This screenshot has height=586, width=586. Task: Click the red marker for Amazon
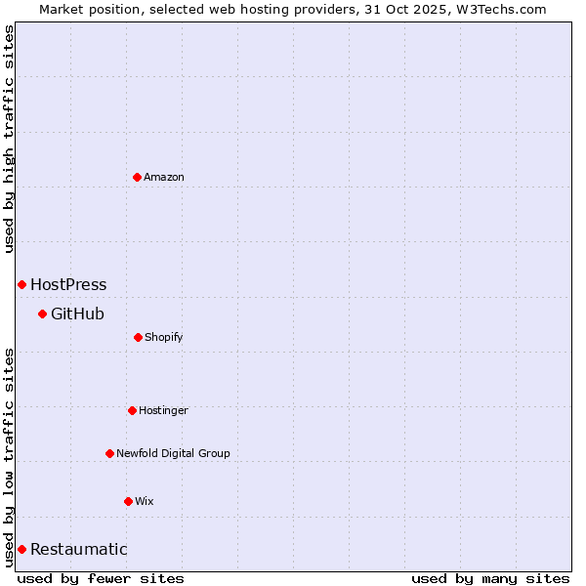[137, 177]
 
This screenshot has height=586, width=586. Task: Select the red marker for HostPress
[21, 284]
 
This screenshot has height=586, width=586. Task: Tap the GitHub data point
[42, 314]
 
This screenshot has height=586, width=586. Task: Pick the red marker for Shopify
[138, 337]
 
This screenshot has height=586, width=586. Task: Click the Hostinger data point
[132, 410]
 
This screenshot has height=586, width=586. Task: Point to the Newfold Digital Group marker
[109, 453]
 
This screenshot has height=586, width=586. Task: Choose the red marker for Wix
[128, 501]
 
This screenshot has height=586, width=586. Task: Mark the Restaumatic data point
[21, 549]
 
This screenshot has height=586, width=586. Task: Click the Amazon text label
[164, 177]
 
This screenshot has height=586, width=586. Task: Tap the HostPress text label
[68, 285]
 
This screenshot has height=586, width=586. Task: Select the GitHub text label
[77, 314]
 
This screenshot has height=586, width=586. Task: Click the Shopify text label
[164, 338]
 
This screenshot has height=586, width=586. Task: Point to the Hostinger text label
[163, 411]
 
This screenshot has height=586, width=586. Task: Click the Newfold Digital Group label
[173, 453]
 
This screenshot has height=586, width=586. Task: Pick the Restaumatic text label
[78, 550]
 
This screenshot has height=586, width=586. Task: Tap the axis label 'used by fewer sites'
[101, 578]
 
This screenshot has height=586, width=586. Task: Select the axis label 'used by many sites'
[490, 578]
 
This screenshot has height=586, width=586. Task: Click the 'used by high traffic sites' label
[9, 139]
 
